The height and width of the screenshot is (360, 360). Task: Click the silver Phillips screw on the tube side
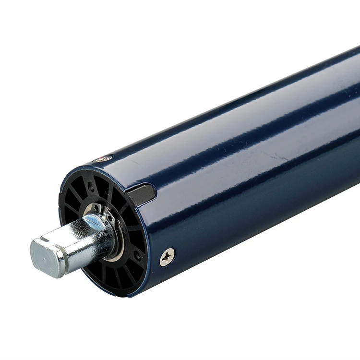pyautogui.click(x=167, y=257)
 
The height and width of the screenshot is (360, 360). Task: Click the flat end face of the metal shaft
pyautogui.click(x=42, y=256)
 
